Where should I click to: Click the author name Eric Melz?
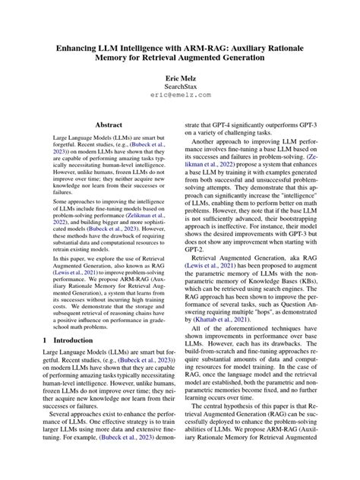(180, 78)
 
